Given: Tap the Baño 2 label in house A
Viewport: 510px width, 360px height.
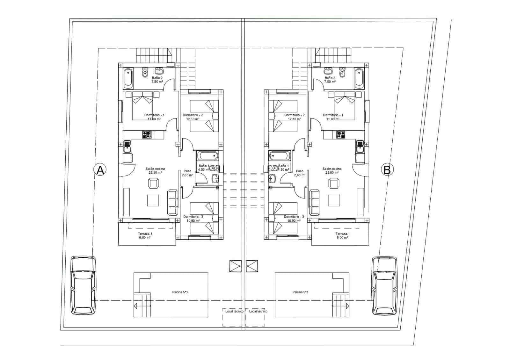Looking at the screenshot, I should pos(157,78).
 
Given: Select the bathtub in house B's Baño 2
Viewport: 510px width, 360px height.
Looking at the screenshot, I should pos(359,78).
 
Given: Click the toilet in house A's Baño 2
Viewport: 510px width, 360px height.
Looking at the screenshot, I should pos(145,73).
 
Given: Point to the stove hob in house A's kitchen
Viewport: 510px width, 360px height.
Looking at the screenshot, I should pos(147,135).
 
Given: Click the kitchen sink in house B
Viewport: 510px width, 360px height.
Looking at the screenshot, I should pos(360,146).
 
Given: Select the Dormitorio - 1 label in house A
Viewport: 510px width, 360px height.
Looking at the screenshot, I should pos(154,115).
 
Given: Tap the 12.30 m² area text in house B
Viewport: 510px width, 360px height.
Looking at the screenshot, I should pos(294,119).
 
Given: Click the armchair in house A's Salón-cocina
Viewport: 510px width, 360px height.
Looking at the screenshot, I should pos(153,184).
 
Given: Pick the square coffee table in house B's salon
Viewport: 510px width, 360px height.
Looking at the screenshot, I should pos(334,200).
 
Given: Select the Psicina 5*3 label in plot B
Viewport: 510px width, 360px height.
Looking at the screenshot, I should pos(300,292).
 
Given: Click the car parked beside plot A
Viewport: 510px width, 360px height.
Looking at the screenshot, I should pos(83,285).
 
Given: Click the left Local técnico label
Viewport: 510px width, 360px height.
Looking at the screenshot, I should pos(234,311).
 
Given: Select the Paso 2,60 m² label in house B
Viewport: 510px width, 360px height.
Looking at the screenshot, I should pos(300,173).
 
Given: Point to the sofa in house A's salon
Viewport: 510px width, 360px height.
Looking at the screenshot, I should pos(172,202).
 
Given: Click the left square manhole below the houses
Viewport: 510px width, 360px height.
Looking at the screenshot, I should pos(235,266).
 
